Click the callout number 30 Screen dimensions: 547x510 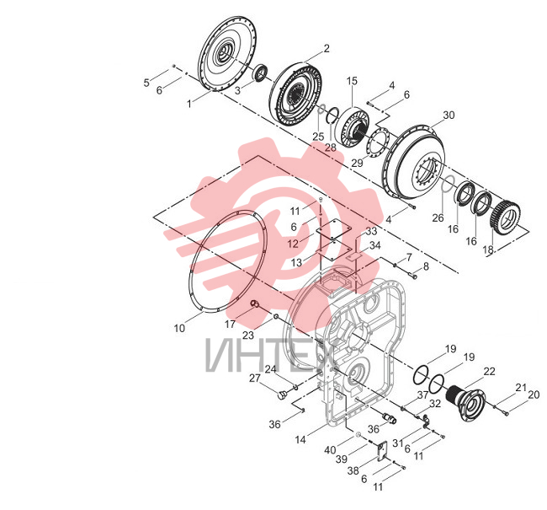coord(449,115)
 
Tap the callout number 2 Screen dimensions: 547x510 coord(327,48)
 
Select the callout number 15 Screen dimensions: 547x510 coord(352,81)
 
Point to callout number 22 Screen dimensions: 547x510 coord(490,371)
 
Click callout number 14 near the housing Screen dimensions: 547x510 coord(300,439)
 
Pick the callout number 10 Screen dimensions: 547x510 coord(179,328)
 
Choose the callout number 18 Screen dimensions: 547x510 coord(488,250)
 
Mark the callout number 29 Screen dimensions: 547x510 coord(357,163)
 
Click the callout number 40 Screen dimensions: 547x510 coord(330,450)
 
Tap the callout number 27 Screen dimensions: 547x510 coord(255,378)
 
